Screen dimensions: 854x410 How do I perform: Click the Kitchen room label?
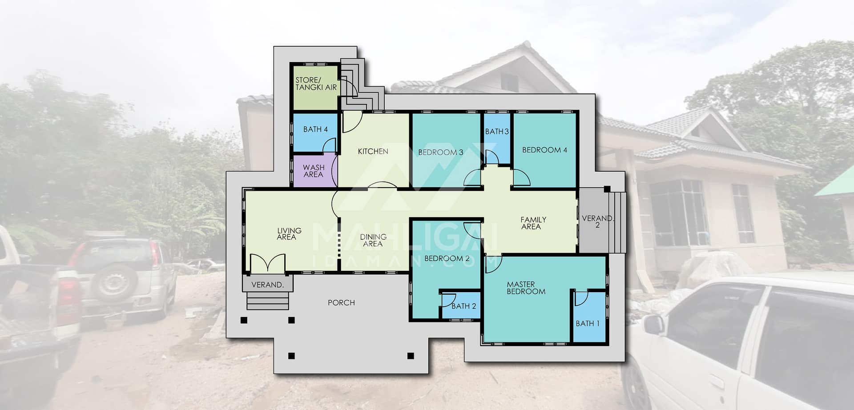373,152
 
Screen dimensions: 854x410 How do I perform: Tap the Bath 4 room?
315,133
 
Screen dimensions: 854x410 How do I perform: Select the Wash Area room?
314,171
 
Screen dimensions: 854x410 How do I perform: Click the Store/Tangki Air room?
315,87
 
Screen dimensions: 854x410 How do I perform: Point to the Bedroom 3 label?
440,152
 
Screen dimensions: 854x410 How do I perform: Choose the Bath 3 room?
497,139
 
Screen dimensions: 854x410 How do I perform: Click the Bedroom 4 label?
544,150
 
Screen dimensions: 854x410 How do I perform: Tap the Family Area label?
533,223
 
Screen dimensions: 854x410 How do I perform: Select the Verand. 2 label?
597,221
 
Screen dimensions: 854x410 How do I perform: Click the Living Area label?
289,234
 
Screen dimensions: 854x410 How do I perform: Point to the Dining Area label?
373,240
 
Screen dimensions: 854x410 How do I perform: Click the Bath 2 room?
461,305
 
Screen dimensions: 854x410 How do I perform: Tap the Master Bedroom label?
526,288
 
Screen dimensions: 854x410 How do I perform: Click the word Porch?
341,303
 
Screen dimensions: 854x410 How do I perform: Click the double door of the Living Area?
267,263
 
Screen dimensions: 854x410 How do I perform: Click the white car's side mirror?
653,325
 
